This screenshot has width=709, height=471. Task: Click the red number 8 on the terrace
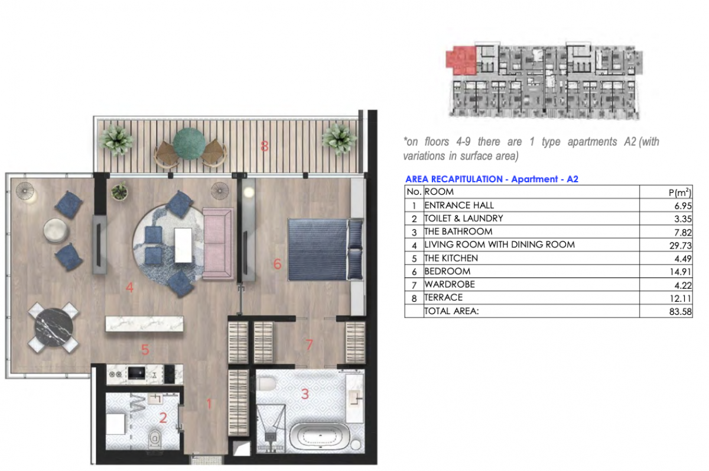[x=264, y=146]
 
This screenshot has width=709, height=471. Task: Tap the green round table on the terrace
[x=189, y=143]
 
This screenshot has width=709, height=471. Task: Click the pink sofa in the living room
[x=218, y=243]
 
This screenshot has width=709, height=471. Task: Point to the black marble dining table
[x=54, y=327]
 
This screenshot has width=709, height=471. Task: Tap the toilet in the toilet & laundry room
[x=155, y=438]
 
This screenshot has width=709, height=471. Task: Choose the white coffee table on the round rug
[x=183, y=245]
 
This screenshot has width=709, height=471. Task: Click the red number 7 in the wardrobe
[x=309, y=344]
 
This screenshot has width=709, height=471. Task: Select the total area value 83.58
[x=680, y=312]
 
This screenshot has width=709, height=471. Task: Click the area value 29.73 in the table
[x=680, y=246]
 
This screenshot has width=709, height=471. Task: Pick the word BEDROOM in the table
[x=447, y=272]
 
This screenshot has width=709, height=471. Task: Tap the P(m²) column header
[x=680, y=192]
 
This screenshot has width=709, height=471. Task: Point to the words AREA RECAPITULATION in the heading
[x=454, y=179]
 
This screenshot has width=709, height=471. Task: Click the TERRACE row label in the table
[x=444, y=297]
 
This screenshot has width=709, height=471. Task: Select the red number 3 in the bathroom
[x=305, y=394]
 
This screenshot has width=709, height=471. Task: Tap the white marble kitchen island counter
[x=144, y=324]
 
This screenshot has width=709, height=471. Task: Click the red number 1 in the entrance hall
[x=209, y=404]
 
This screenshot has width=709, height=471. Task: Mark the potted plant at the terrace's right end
[x=339, y=138]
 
